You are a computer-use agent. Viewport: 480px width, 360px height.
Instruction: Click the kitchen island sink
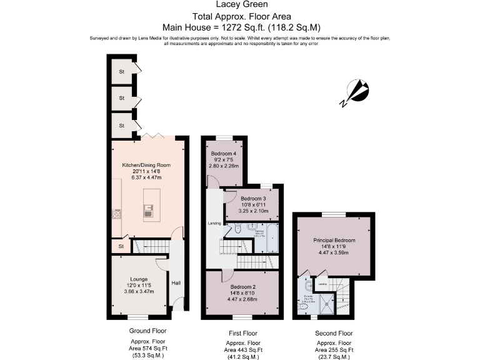click(148, 212)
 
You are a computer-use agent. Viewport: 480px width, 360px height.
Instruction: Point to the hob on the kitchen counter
click(116, 214)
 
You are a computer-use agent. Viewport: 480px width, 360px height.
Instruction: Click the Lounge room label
click(139, 279)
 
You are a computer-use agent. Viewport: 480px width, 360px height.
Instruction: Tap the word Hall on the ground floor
click(176, 283)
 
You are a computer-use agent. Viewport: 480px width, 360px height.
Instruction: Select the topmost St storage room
click(122, 71)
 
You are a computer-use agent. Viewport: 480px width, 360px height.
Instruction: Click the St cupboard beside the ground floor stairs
click(121, 246)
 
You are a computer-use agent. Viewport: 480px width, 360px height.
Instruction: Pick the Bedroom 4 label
click(224, 154)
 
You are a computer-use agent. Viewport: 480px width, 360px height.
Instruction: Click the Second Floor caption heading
click(334, 333)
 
